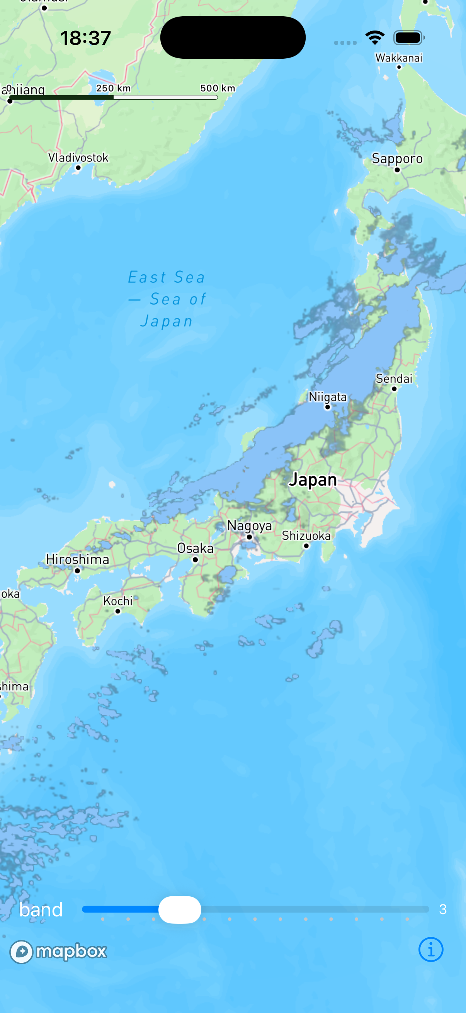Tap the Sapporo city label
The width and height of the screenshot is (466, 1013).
point(397,158)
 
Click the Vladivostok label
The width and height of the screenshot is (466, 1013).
point(78,158)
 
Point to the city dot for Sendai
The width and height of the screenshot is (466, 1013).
point(394,389)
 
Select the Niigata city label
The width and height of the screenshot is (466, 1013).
point(328,397)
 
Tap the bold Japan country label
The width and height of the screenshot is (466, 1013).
point(313,480)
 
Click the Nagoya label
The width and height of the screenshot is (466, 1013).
point(249,525)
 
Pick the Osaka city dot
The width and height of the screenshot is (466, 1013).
point(196,559)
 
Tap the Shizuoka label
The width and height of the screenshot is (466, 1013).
point(306,535)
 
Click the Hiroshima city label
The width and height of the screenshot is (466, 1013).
point(77,559)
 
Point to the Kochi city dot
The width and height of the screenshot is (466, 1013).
point(117,611)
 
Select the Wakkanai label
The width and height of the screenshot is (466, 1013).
point(399,58)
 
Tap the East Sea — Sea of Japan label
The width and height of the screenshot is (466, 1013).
point(167,299)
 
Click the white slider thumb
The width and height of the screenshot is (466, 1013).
point(180,909)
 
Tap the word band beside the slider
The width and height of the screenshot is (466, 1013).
point(41,909)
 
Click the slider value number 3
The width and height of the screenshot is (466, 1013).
point(443,909)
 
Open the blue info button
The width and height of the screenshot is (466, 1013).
point(430,950)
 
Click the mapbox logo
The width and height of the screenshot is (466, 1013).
point(58,952)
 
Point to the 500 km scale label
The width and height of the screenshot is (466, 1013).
point(218,88)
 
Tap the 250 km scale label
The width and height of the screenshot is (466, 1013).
point(113,88)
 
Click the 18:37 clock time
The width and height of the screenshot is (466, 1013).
point(86,38)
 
